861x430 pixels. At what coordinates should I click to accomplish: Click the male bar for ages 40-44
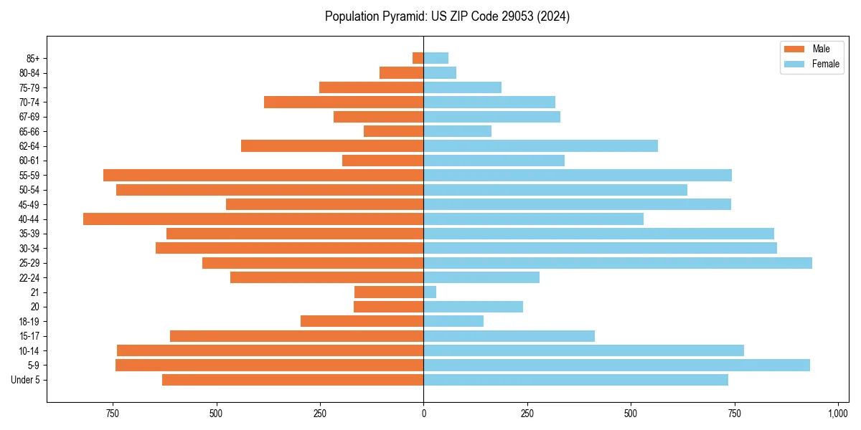(x=253, y=219)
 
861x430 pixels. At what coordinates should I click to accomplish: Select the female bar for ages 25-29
(x=617, y=263)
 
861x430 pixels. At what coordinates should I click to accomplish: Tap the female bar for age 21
(x=430, y=292)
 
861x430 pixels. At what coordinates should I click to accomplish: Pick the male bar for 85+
(x=418, y=58)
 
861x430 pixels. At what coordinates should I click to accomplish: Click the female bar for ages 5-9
(x=616, y=365)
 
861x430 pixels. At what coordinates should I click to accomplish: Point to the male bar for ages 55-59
(x=263, y=175)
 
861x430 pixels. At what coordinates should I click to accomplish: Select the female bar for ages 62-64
(x=540, y=146)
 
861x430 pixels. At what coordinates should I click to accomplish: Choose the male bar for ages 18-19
(x=362, y=321)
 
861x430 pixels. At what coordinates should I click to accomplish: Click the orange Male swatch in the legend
(x=794, y=49)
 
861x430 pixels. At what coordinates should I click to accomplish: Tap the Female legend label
(x=825, y=64)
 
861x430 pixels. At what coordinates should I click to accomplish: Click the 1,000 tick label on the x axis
(x=838, y=414)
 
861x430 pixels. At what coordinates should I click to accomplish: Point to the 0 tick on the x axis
(x=423, y=414)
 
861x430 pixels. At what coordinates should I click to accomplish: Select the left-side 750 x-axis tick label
(x=113, y=414)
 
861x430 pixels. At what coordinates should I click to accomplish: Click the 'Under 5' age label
(x=25, y=380)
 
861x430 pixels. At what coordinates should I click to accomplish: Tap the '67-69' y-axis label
(x=29, y=117)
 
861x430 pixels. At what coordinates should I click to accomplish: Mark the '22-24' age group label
(x=29, y=278)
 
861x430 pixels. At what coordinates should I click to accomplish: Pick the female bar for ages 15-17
(x=509, y=336)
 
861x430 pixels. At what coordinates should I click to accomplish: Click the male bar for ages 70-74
(x=344, y=102)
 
